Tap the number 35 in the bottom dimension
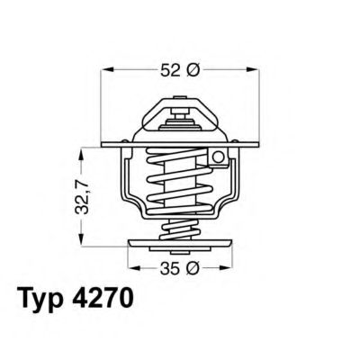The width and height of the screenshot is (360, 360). click(x=167, y=267)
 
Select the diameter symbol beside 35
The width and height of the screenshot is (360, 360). click(x=190, y=267)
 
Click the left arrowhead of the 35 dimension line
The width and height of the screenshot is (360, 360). click(x=132, y=267)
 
